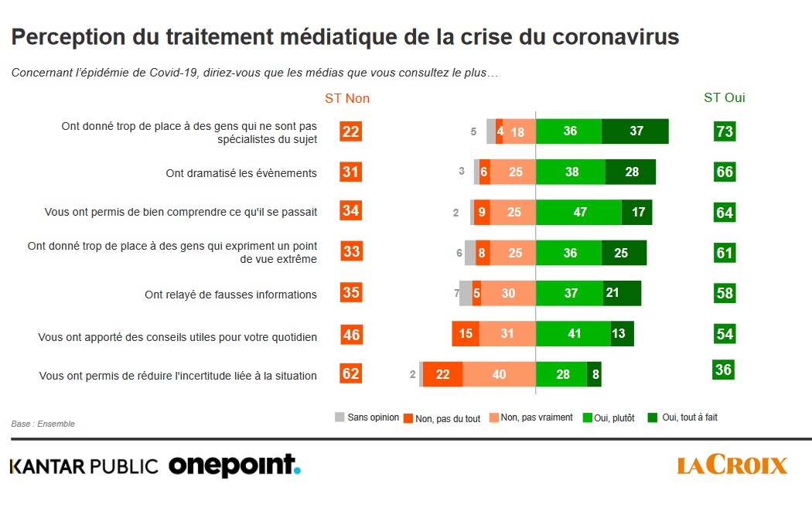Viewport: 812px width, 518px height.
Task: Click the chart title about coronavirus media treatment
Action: click(x=345, y=37)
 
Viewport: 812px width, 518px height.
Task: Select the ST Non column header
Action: click(x=347, y=98)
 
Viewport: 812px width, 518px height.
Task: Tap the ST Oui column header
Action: click(x=725, y=98)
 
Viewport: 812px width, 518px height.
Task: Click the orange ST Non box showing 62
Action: click(x=351, y=374)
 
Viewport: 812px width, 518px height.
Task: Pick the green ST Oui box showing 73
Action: click(x=725, y=131)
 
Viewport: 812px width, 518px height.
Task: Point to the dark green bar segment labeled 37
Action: click(x=635, y=131)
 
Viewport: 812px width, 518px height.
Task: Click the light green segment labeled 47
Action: click(x=578, y=212)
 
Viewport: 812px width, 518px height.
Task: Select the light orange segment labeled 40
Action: click(x=499, y=374)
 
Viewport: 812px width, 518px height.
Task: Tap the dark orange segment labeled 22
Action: click(x=442, y=374)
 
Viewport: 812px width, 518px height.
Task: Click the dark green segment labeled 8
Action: click(x=594, y=374)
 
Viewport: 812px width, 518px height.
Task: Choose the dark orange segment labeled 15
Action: click(x=466, y=333)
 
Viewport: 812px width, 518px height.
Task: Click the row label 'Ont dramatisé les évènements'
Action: click(x=241, y=173)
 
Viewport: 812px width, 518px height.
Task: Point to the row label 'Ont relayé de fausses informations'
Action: click(x=231, y=295)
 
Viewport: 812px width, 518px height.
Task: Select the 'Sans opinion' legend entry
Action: click(x=367, y=417)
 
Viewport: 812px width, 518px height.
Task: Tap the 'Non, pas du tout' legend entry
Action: click(x=442, y=418)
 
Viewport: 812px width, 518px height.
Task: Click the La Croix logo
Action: click(x=732, y=465)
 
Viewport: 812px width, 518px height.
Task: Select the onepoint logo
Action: click(x=234, y=465)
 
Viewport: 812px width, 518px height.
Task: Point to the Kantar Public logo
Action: click(x=84, y=466)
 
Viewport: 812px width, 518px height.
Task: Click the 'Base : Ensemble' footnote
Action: click(x=43, y=424)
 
